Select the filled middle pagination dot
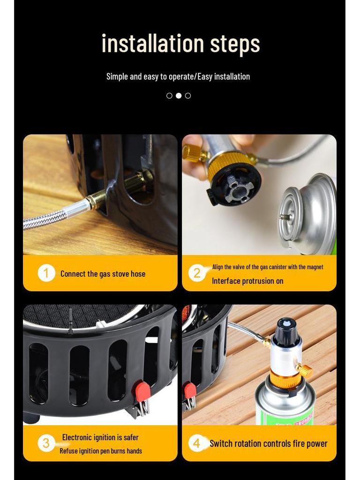click(x=179, y=96)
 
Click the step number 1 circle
click(x=46, y=273)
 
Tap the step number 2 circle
click(x=197, y=273)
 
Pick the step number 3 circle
click(x=46, y=443)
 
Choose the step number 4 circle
click(x=197, y=443)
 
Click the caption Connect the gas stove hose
click(x=103, y=274)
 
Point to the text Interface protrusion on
click(x=247, y=281)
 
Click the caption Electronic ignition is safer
click(x=100, y=437)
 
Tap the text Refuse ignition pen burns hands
click(x=101, y=451)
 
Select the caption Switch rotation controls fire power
click(x=269, y=443)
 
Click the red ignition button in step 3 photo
click(x=142, y=389)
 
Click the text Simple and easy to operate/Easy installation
click(x=178, y=76)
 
